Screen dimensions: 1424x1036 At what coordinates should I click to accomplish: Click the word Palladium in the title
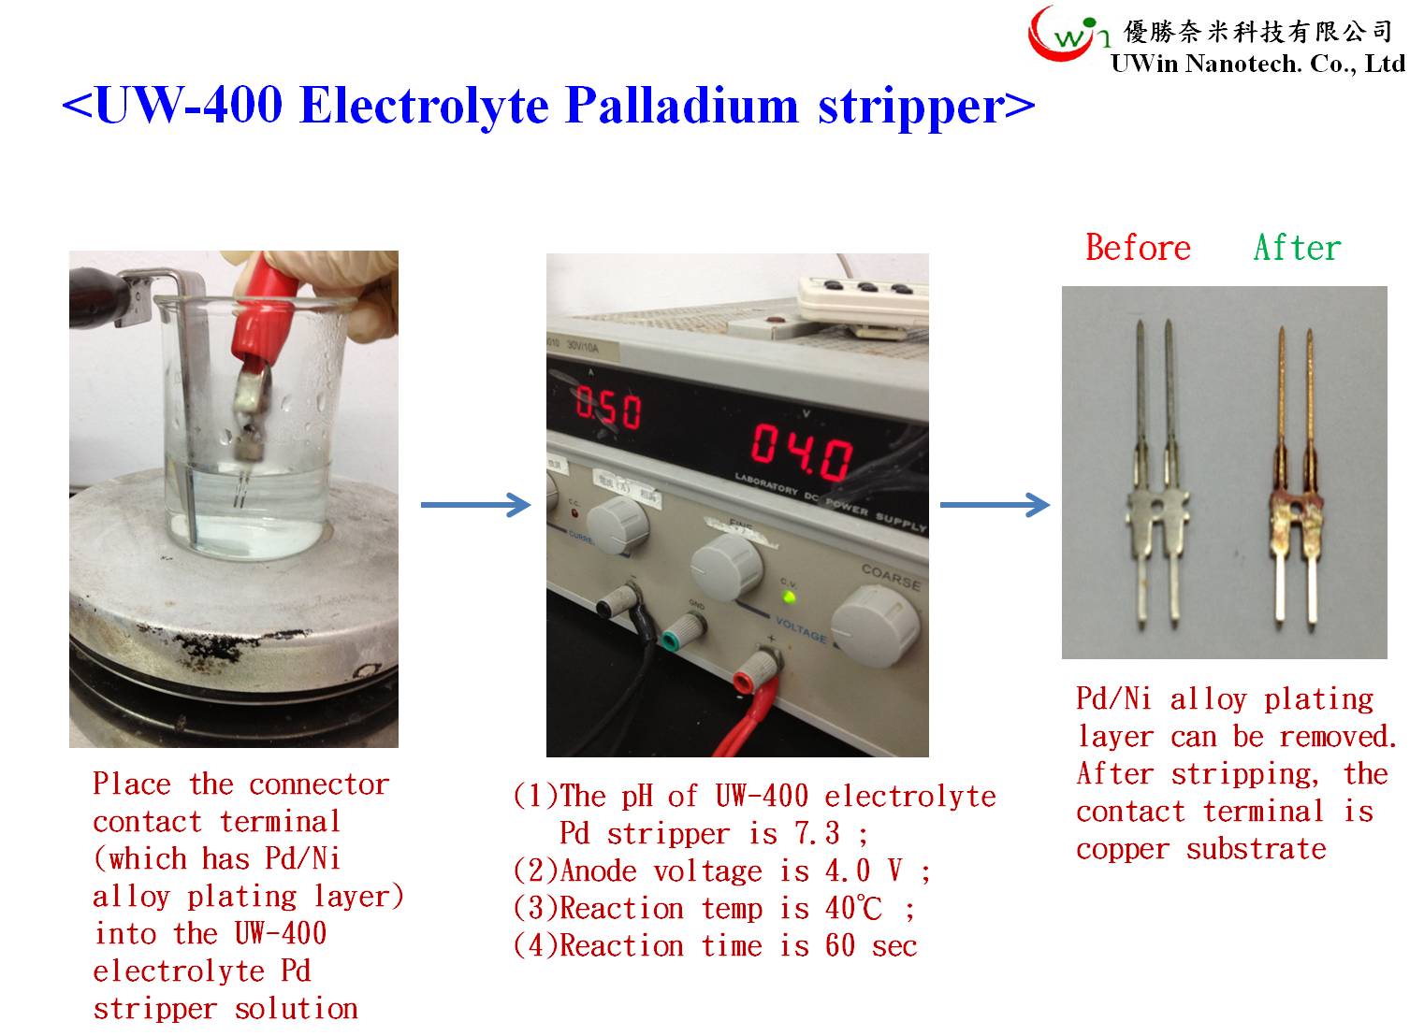pos(681,106)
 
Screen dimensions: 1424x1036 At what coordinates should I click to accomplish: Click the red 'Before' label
pos(1138,247)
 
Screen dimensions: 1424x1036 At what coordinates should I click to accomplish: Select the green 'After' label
pos(1297,247)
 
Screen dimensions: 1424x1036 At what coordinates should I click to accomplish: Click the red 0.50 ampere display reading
pos(608,408)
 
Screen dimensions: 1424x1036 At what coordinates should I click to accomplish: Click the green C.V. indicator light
pos(789,597)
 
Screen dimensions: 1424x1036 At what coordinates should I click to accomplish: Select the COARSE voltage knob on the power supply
pos(876,626)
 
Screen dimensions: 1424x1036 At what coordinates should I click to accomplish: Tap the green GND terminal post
pos(681,632)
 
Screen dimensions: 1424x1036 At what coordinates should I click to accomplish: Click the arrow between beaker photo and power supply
pos(475,505)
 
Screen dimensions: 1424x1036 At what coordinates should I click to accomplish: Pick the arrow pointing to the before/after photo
pos(995,505)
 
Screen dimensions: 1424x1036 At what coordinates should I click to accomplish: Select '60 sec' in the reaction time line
pos(871,946)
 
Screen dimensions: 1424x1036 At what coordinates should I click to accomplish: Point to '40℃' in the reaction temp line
pos(853,909)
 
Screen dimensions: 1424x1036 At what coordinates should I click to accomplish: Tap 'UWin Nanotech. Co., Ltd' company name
pos(1257,64)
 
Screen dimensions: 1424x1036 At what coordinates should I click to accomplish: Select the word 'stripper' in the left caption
pos(155,1010)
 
